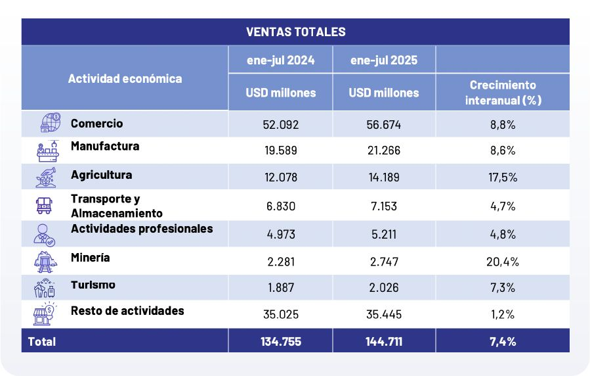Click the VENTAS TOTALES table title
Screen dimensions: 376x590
295,32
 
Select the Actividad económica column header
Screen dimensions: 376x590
125,78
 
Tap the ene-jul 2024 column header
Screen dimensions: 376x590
280,60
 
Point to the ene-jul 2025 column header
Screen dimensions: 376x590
384,60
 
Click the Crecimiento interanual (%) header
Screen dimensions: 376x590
503,93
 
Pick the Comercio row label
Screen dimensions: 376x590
96,123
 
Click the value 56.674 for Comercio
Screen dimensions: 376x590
384,124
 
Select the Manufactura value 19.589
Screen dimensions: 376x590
280,150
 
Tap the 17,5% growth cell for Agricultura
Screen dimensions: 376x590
503,176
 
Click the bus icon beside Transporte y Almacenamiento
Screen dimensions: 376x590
45,205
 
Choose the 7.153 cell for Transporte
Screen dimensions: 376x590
384,206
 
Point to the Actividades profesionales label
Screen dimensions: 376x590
142,229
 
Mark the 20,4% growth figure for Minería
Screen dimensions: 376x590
503,262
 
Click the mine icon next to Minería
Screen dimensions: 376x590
45,262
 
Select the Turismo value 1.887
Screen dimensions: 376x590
280,288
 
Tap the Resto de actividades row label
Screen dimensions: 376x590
127,310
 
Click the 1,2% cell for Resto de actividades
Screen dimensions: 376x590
503,314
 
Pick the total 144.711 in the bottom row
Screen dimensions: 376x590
384,341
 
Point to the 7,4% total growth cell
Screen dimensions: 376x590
503,341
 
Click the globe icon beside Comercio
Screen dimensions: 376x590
49,124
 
